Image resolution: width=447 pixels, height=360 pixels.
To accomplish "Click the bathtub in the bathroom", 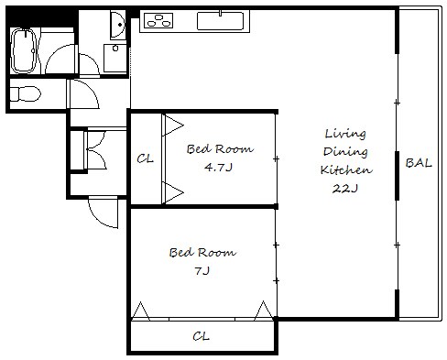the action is click(x=24, y=51).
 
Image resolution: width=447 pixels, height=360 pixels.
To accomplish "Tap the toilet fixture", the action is click(x=26, y=94).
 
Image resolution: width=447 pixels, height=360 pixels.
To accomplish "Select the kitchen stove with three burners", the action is click(x=158, y=20).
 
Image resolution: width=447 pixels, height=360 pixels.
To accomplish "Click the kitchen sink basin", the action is click(x=220, y=21).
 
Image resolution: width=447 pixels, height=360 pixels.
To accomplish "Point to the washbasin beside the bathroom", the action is click(x=117, y=25).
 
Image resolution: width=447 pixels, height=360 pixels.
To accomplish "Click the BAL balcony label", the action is click(x=419, y=163).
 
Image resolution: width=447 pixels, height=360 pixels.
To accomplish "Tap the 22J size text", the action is click(x=344, y=189).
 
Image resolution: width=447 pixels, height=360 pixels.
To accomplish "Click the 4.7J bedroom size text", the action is click(x=219, y=168).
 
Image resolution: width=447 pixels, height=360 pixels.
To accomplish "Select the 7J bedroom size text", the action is click(x=202, y=270).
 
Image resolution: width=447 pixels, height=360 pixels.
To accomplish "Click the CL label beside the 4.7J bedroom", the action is click(x=145, y=158).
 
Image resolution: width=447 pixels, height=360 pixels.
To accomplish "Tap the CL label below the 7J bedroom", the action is click(x=201, y=336).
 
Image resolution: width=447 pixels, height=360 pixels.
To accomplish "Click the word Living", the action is click(x=345, y=134).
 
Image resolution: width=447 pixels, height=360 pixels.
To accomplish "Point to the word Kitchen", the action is click(x=346, y=169).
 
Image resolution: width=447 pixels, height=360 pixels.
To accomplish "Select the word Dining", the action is click(x=345, y=152).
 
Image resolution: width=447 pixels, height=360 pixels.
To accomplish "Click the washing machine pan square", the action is click(x=114, y=58).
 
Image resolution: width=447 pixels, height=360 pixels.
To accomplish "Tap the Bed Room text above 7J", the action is click(x=202, y=253).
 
